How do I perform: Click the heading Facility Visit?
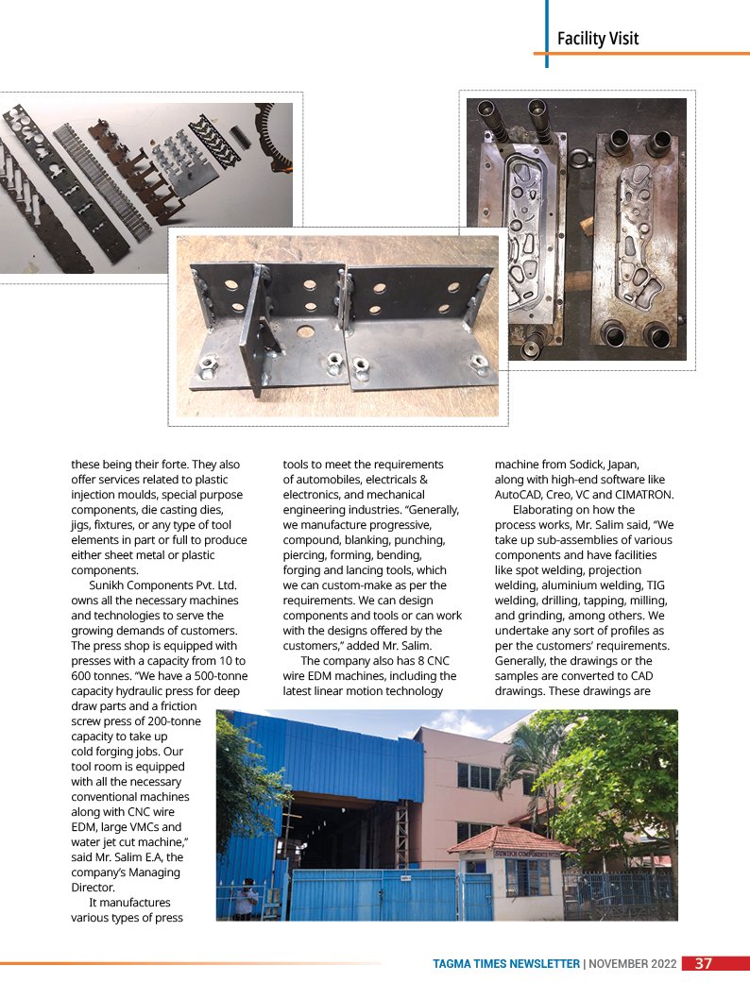597,39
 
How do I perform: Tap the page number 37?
704,964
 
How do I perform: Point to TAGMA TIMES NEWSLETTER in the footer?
505,964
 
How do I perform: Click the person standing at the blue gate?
246,899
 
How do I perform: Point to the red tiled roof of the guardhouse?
510,838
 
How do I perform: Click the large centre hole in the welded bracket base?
306,333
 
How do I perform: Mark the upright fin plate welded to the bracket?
249,330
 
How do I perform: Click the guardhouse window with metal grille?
527,877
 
